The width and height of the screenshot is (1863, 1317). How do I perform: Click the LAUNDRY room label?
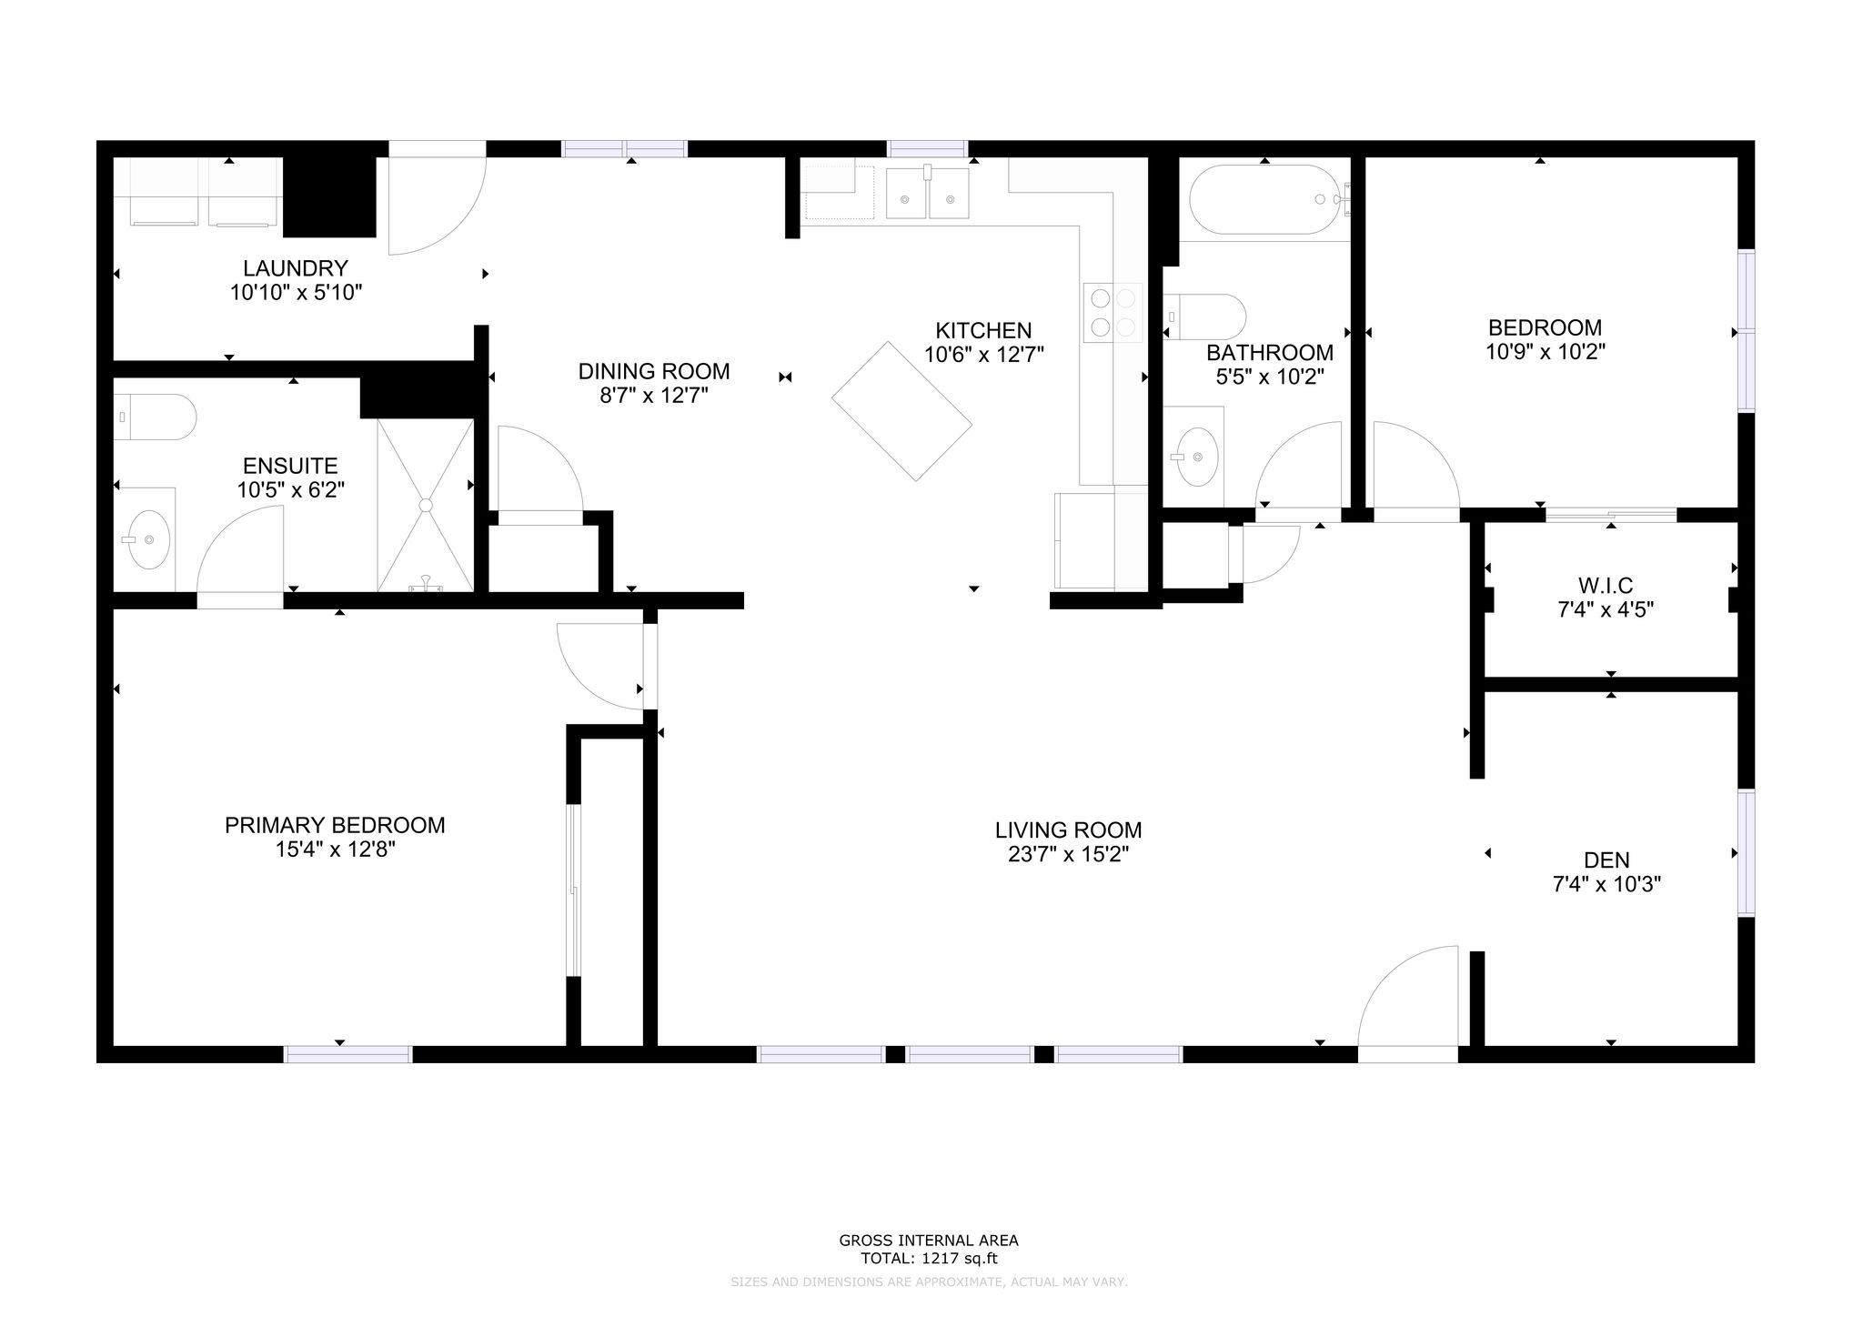coord(296,268)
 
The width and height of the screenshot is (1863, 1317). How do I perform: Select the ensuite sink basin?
coord(146,538)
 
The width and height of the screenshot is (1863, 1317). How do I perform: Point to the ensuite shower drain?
coord(425,504)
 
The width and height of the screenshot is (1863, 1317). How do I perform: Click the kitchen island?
coord(901,411)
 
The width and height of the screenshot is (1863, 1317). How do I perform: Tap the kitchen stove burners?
coord(1113,313)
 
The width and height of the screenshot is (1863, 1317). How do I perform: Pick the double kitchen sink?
coord(928,194)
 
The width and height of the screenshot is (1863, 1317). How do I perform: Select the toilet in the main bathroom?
coord(1204,317)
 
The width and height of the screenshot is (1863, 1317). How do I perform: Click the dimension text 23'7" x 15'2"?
coord(1068,854)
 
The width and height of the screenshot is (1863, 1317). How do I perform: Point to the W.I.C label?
coord(1606,585)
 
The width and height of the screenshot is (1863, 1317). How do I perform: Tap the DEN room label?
coord(1606,860)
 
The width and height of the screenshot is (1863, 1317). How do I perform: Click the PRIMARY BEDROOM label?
coord(335,825)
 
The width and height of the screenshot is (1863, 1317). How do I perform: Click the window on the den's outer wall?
coord(1746,852)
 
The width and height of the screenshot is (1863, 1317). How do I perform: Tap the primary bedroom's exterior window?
coord(348,1054)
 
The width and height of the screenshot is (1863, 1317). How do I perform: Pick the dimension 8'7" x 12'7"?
coord(653,396)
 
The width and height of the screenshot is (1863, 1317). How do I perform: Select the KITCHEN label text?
coord(983,330)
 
